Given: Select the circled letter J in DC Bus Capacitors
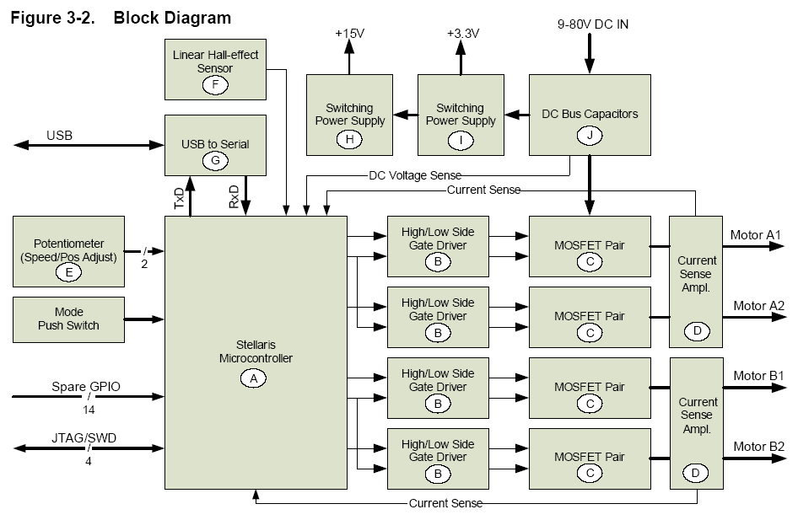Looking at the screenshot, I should (x=589, y=134).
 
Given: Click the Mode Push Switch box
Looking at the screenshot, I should (x=68, y=319).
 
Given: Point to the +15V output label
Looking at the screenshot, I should (x=350, y=33).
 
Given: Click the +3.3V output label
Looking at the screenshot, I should (x=461, y=33).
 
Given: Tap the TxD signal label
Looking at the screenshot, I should (x=179, y=198).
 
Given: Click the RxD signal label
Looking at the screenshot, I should (x=234, y=198).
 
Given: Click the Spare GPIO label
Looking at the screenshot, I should (x=85, y=386).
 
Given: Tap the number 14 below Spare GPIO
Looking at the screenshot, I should (x=88, y=409).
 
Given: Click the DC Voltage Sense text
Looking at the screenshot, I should (x=415, y=175).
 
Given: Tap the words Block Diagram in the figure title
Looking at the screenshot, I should (x=172, y=16).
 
